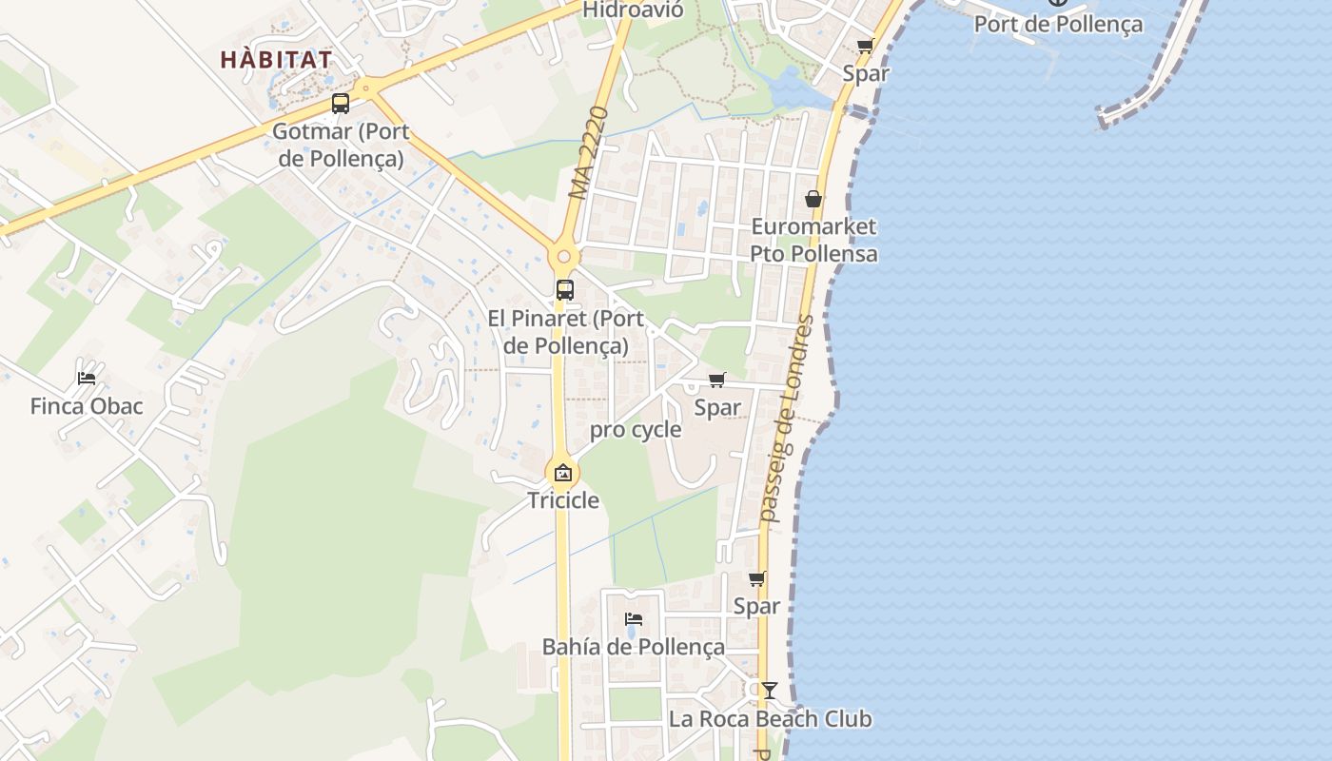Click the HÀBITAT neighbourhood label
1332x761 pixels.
pyautogui.click(x=276, y=60)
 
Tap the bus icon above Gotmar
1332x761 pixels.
pyautogui.click(x=341, y=104)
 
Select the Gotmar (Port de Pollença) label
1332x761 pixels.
pyautogui.click(x=341, y=145)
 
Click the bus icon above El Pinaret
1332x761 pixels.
pyautogui.click(x=565, y=290)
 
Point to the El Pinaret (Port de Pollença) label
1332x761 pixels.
pyautogui.click(x=565, y=332)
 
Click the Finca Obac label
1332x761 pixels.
pyautogui.click(x=87, y=406)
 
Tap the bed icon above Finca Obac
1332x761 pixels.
pyautogui.click(x=87, y=378)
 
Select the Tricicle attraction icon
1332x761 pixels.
pyautogui.click(x=563, y=472)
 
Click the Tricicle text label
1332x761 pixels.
pyautogui.click(x=563, y=500)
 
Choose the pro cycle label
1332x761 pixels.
pyautogui.click(x=636, y=430)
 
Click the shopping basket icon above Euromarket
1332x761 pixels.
pyautogui.click(x=813, y=199)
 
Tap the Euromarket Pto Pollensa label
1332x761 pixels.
pyautogui.click(x=813, y=241)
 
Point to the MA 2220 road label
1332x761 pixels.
pyautogui.click(x=588, y=152)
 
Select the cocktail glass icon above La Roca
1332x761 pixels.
pyautogui.click(x=769, y=690)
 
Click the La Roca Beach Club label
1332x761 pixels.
pyautogui.click(x=770, y=718)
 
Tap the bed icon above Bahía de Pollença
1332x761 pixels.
pyautogui.click(x=634, y=618)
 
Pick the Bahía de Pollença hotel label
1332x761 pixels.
pyautogui.click(x=634, y=647)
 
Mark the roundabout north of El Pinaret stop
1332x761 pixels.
pyautogui.click(x=564, y=256)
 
